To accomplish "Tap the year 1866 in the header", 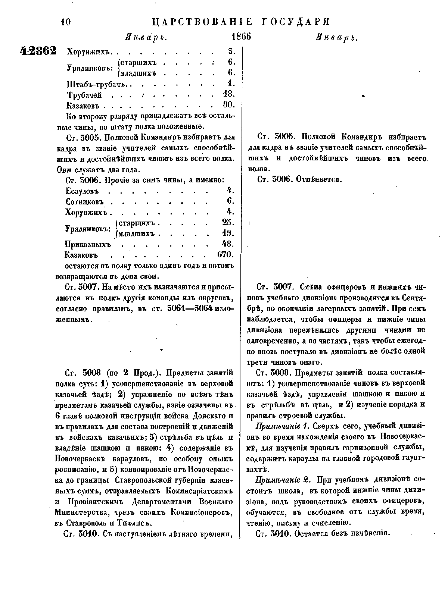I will click(x=241, y=37).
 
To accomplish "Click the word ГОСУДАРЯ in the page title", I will click(x=293, y=21).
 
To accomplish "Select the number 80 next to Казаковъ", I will click(x=228, y=105).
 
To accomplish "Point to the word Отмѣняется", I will click(x=319, y=179).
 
